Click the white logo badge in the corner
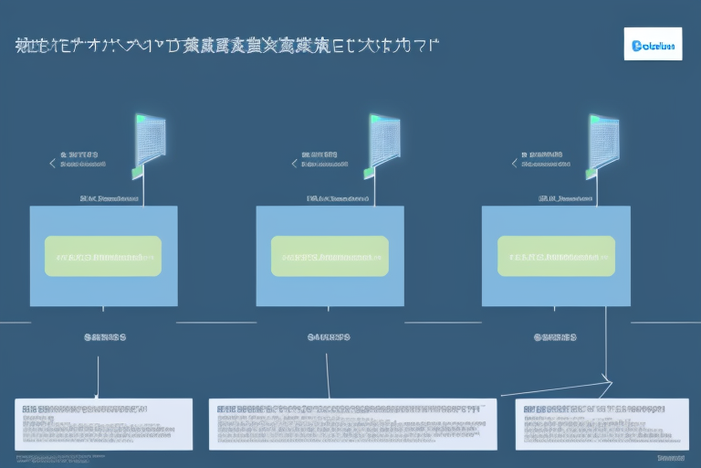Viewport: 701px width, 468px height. [x=653, y=43]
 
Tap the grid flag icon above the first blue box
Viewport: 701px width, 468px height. [x=148, y=144]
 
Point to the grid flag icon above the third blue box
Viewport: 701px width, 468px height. [x=603, y=144]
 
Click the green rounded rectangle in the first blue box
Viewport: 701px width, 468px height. [x=103, y=256]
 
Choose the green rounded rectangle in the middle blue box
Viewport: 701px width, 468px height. [x=330, y=256]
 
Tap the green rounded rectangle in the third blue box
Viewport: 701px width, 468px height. [x=556, y=256]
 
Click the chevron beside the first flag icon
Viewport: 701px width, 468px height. [x=52, y=164]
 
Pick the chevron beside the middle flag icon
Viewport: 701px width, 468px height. [x=294, y=164]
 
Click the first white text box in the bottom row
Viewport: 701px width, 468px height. [x=103, y=423]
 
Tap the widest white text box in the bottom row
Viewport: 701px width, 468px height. [x=352, y=423]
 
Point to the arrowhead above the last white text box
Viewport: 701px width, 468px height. [x=606, y=378]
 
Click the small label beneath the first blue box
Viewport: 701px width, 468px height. [x=103, y=336]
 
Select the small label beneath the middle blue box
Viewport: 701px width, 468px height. [x=330, y=336]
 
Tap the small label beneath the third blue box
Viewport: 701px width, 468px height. [x=556, y=336]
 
